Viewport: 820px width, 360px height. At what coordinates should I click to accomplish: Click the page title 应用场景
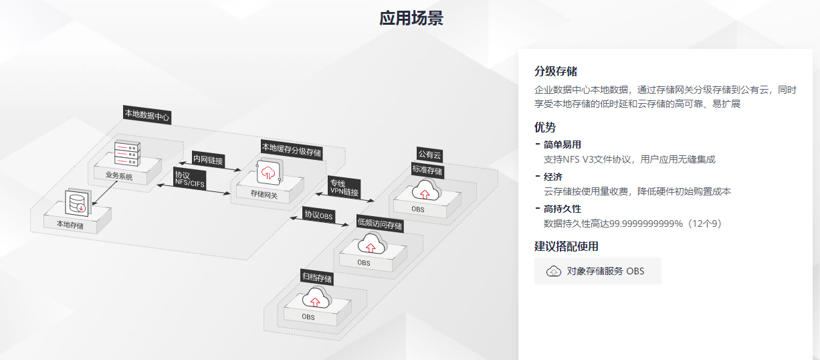[411, 18]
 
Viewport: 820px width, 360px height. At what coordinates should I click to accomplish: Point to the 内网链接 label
[208, 160]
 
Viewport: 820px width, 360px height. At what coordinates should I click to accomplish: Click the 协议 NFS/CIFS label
[190, 178]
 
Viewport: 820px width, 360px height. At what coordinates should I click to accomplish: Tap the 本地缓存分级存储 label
[291, 149]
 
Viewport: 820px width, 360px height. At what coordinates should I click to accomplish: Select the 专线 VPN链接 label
[344, 187]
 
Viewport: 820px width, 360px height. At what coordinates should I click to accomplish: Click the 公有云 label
[429, 155]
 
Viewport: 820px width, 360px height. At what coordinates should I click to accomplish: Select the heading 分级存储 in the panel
[556, 72]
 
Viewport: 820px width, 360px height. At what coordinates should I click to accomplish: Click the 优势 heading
[545, 127]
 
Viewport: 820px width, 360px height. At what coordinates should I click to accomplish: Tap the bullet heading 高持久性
[562, 209]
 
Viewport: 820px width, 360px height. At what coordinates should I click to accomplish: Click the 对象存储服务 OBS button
[597, 271]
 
